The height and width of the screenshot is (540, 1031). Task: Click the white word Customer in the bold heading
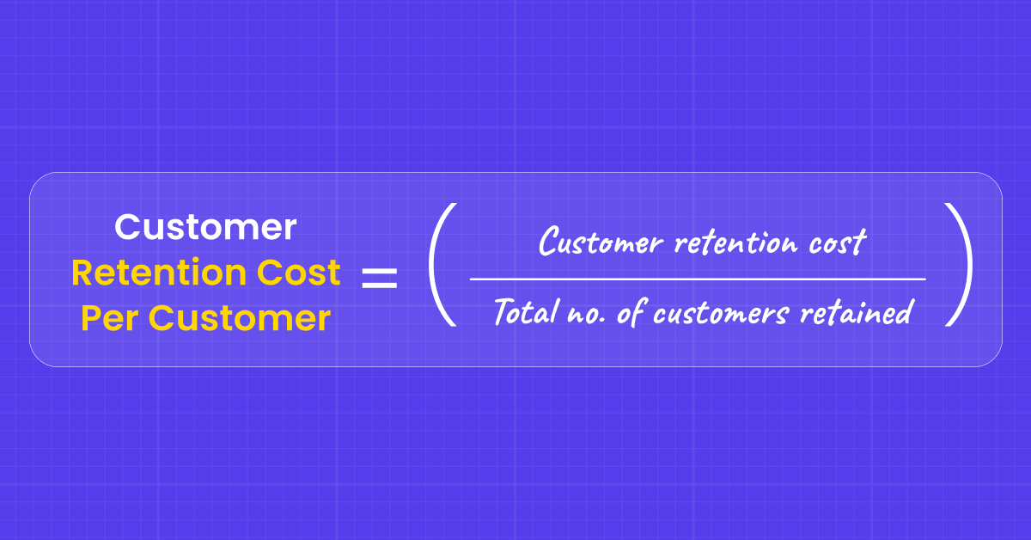click(206, 228)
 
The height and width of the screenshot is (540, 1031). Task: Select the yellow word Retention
click(146, 273)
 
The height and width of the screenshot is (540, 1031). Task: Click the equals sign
click(380, 278)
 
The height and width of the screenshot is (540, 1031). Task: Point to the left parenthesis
click(441, 265)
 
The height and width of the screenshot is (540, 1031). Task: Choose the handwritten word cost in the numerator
click(834, 243)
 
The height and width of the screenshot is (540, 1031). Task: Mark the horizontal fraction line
click(698, 279)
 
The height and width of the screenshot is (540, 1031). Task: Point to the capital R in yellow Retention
click(82, 273)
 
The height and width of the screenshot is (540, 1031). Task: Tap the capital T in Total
click(503, 311)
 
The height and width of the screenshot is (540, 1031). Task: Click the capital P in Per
click(91, 319)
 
